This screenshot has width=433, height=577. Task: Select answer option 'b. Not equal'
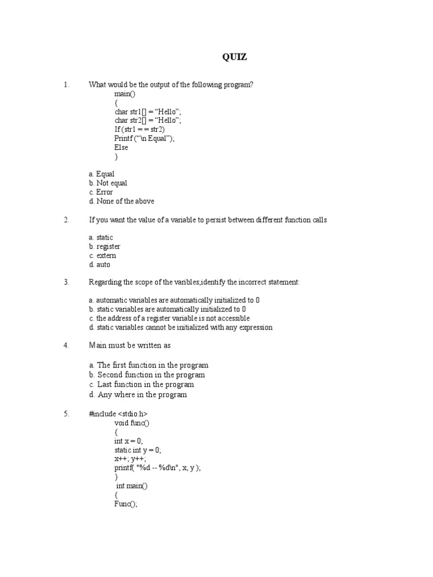click(108, 183)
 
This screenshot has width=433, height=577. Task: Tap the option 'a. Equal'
click(101, 174)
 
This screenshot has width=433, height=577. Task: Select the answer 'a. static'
click(101, 238)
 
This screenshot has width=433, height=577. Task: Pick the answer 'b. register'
click(104, 247)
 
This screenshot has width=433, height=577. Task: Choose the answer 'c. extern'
click(103, 256)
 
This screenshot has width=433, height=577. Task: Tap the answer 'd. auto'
click(100, 265)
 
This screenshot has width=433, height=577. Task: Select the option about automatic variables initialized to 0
click(174, 300)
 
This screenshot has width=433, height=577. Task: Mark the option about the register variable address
click(169, 318)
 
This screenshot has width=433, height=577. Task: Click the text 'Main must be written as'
click(130, 345)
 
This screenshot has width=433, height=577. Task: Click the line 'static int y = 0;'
click(138, 450)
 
